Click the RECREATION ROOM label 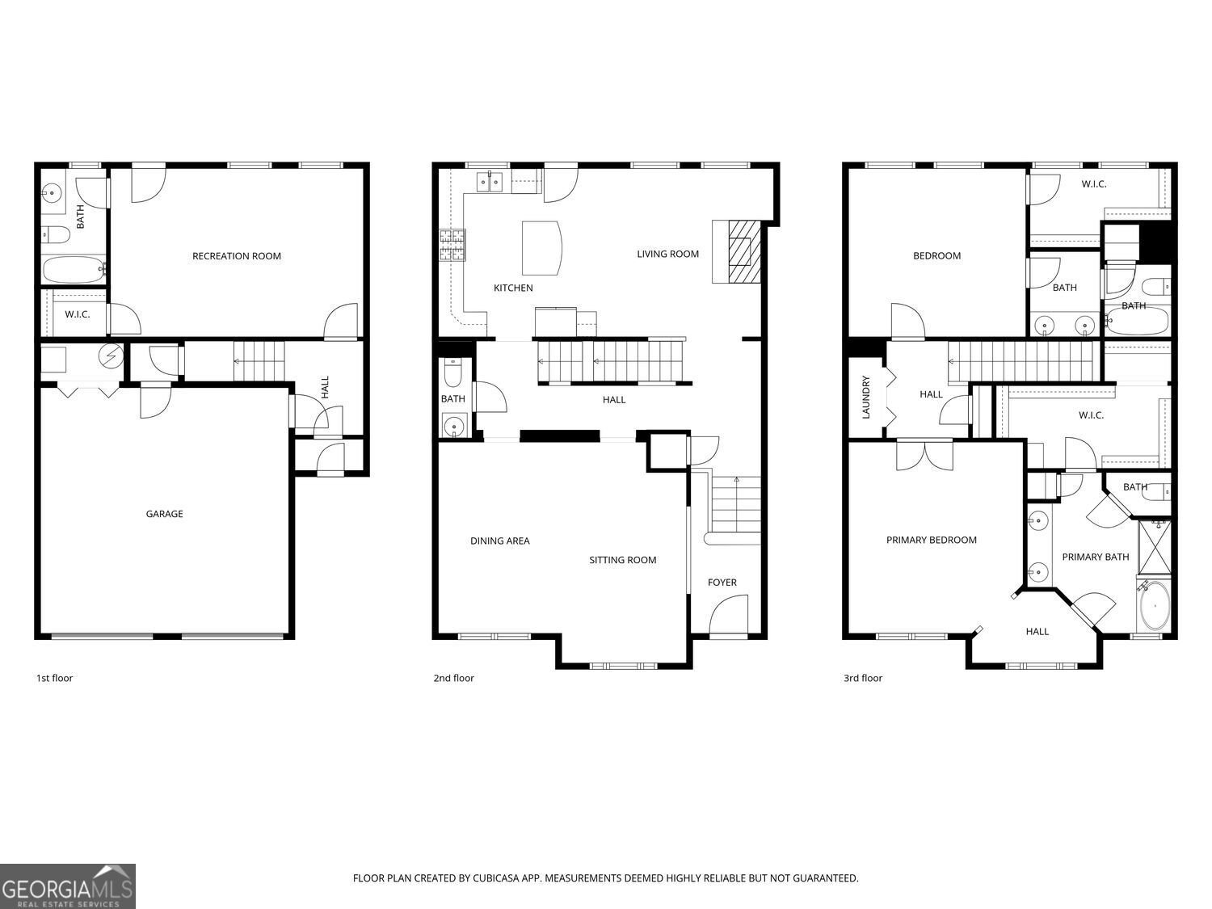coord(236,256)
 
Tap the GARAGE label coord(164,514)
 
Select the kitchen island coord(541,248)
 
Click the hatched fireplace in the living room coord(744,251)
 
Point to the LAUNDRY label coord(866,398)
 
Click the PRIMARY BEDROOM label coord(932,540)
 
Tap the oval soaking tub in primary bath coord(1154,605)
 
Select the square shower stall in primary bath coord(1154,547)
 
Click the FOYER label coord(722,583)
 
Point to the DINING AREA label coord(499,541)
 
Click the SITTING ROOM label coord(622,560)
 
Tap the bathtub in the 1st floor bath coord(74,270)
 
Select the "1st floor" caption coord(54,678)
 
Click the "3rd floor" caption coord(862,678)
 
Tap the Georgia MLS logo coord(67,886)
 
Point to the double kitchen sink coord(490,182)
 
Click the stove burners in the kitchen coord(452,245)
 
